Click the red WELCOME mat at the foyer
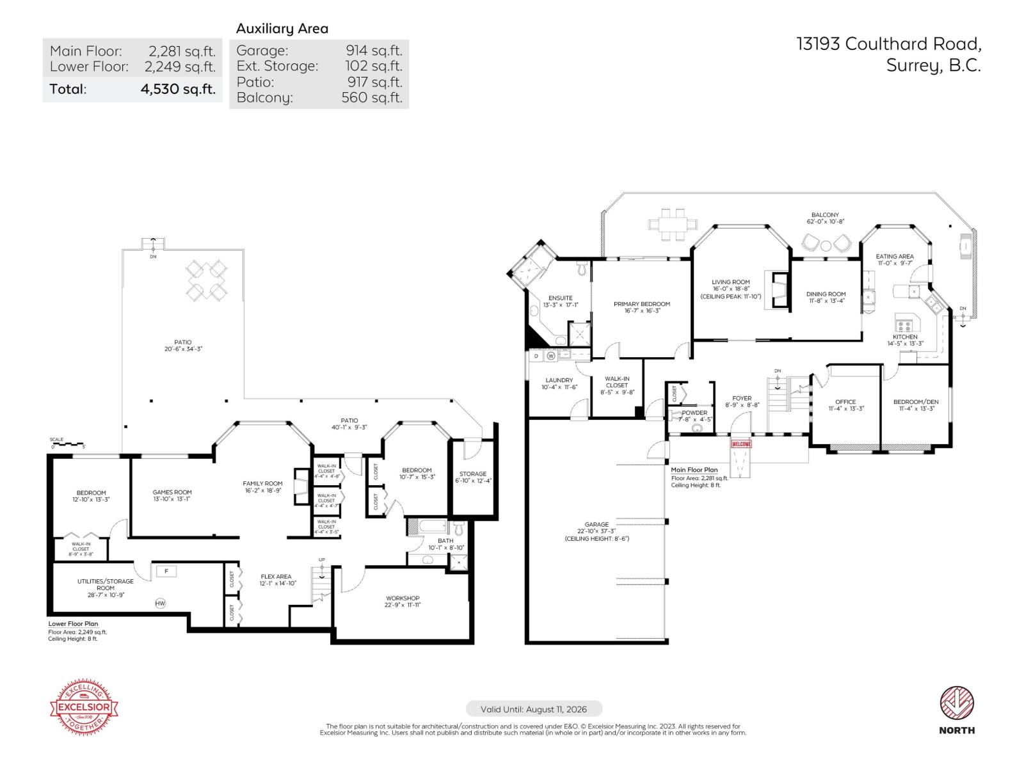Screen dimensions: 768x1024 741,444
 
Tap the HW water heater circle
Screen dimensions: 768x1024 160,603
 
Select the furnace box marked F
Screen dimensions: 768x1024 166,571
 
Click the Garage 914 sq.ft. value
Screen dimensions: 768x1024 374,51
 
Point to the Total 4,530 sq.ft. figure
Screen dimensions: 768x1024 178,89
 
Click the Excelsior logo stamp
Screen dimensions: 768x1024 84,707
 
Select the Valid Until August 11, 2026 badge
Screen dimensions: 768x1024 534,709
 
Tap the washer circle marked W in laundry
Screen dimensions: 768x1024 550,355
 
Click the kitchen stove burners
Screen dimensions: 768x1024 904,324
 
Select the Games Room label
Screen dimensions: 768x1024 172,496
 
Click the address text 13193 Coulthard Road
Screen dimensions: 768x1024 888,44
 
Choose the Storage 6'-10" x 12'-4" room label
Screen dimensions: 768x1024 472,477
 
